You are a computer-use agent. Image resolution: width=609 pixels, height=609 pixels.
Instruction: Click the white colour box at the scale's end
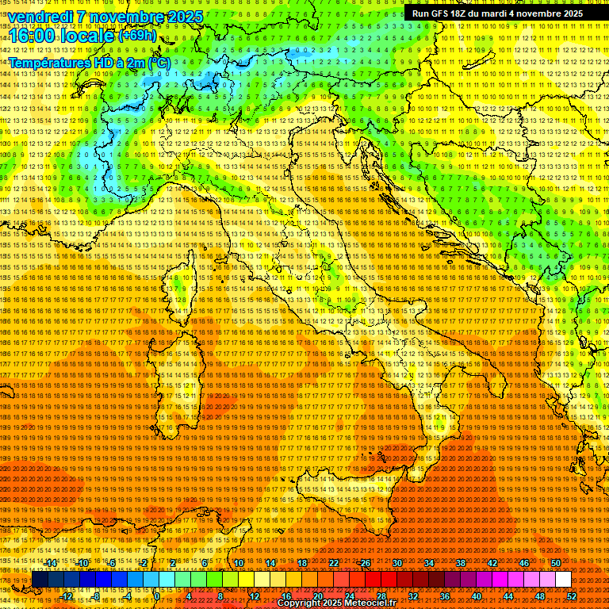563,580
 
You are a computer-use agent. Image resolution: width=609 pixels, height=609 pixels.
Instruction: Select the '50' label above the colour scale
555,563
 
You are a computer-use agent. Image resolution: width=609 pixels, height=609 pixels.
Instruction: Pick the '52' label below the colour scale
571,596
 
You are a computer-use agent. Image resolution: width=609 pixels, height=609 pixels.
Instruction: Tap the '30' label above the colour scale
396,563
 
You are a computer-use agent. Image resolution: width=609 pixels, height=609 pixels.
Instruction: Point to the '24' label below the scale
350,596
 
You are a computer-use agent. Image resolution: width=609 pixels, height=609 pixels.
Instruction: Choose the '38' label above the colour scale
460,563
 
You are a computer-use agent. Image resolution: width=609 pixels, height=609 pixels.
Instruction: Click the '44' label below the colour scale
507,596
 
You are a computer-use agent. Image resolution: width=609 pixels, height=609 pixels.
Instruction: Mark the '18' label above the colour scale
301,563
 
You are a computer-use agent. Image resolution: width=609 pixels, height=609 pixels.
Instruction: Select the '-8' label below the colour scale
97,596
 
